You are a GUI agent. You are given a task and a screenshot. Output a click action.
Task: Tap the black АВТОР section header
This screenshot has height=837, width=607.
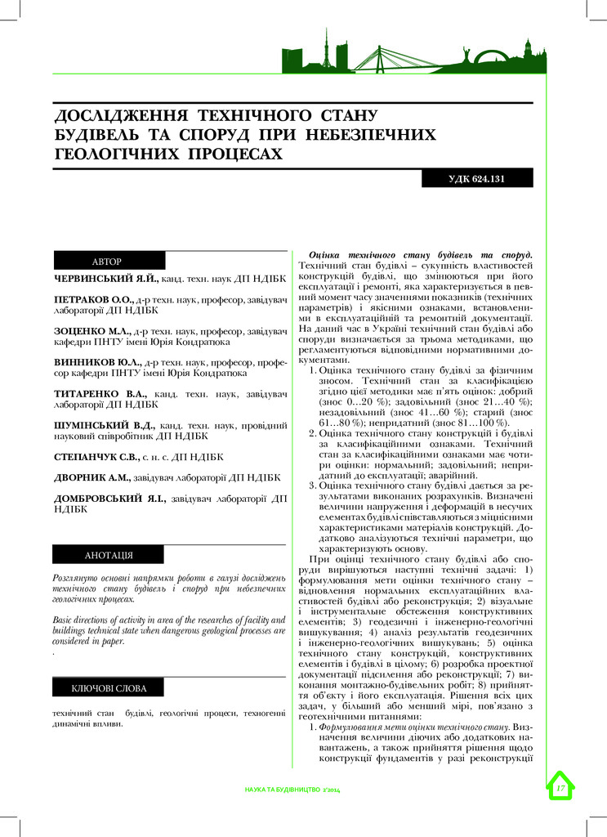pyautogui.click(x=109, y=261)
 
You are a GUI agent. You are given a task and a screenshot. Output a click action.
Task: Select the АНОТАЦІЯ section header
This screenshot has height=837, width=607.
pyautogui.click(x=109, y=556)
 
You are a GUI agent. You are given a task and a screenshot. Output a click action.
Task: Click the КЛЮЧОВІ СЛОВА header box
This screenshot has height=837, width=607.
pyautogui.click(x=109, y=687)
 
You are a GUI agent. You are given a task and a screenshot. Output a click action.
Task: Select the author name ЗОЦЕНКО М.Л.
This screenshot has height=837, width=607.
pyautogui.click(x=90, y=332)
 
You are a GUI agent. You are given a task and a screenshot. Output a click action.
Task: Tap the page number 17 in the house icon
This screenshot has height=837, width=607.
pyautogui.click(x=560, y=788)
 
